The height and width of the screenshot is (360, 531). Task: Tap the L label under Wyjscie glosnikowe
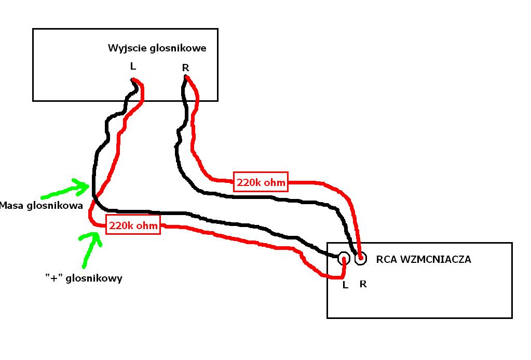tap(133, 66)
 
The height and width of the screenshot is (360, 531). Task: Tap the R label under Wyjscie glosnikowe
tap(186, 68)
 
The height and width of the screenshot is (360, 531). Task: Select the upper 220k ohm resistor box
tap(261, 182)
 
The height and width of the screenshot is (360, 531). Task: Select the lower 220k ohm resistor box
tap(133, 225)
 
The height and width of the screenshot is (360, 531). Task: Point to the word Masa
tap(12, 205)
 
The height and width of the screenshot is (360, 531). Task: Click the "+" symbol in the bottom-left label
tap(54, 277)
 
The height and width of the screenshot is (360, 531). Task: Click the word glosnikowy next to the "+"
tap(94, 278)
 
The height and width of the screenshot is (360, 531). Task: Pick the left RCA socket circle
tap(344, 259)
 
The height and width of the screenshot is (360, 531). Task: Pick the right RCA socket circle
tap(361, 259)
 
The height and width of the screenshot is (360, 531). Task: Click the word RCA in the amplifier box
tap(386, 260)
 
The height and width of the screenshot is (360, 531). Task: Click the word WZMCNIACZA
tap(435, 260)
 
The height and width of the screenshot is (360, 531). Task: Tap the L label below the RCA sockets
tap(345, 285)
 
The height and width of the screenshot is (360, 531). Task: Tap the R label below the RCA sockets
tap(363, 284)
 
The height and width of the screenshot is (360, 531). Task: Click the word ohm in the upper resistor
tap(274, 182)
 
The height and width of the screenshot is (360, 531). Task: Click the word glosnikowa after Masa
tap(55, 206)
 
